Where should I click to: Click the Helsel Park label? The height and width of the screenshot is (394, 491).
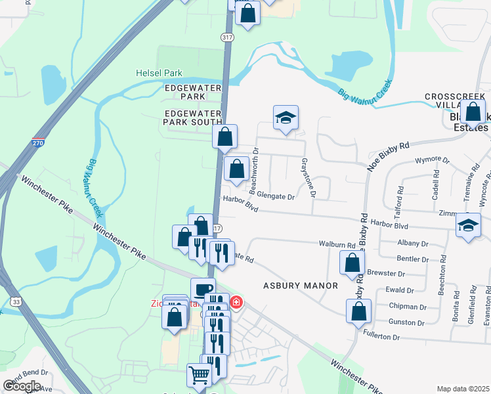click(159, 73)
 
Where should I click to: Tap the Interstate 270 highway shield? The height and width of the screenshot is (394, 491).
click(38, 142)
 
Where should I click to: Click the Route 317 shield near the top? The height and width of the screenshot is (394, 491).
click(227, 38)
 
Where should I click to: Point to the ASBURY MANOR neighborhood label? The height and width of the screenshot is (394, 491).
click(301, 286)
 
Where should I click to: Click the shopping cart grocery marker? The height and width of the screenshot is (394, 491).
click(200, 376)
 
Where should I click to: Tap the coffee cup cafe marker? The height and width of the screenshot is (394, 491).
click(203, 289)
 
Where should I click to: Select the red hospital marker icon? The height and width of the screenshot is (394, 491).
click(236, 302)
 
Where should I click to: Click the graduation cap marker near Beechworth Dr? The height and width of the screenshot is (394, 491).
click(286, 118)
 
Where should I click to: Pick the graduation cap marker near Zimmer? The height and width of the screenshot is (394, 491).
click(468, 225)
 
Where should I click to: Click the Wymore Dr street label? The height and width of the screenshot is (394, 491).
click(432, 160)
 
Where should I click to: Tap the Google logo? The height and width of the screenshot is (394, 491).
click(22, 386)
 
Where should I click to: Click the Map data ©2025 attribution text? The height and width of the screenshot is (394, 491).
click(463, 389)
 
